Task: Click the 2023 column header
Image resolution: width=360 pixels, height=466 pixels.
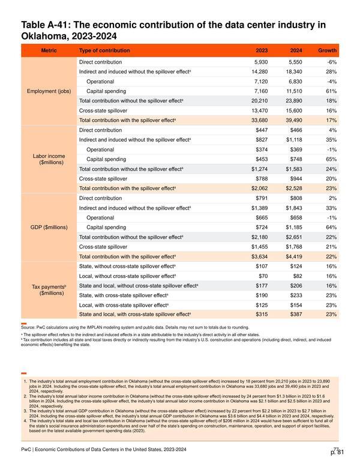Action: [x=262, y=50]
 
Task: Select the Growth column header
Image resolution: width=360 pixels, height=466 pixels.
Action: [x=327, y=50]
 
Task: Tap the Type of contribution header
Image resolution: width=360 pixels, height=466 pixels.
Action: [x=104, y=50]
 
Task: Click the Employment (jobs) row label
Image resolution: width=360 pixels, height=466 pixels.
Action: [x=49, y=91]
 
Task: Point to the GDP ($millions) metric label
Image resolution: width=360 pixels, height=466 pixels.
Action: [x=49, y=228]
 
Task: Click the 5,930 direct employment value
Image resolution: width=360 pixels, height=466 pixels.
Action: [x=261, y=62]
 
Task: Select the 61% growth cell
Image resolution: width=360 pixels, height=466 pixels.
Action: [x=331, y=91]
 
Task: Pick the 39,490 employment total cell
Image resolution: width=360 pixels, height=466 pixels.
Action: [x=294, y=120]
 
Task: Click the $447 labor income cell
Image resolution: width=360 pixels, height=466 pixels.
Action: [x=262, y=130]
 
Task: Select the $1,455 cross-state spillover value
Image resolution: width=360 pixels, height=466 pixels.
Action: [x=260, y=247]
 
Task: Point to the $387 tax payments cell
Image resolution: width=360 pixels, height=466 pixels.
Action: [x=296, y=315]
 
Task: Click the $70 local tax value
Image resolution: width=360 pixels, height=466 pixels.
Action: [x=263, y=276]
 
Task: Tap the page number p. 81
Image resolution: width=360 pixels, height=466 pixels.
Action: [x=337, y=452]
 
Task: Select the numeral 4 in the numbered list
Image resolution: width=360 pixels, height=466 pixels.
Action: [x=25, y=421]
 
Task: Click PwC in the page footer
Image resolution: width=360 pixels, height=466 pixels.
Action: [x=26, y=449]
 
